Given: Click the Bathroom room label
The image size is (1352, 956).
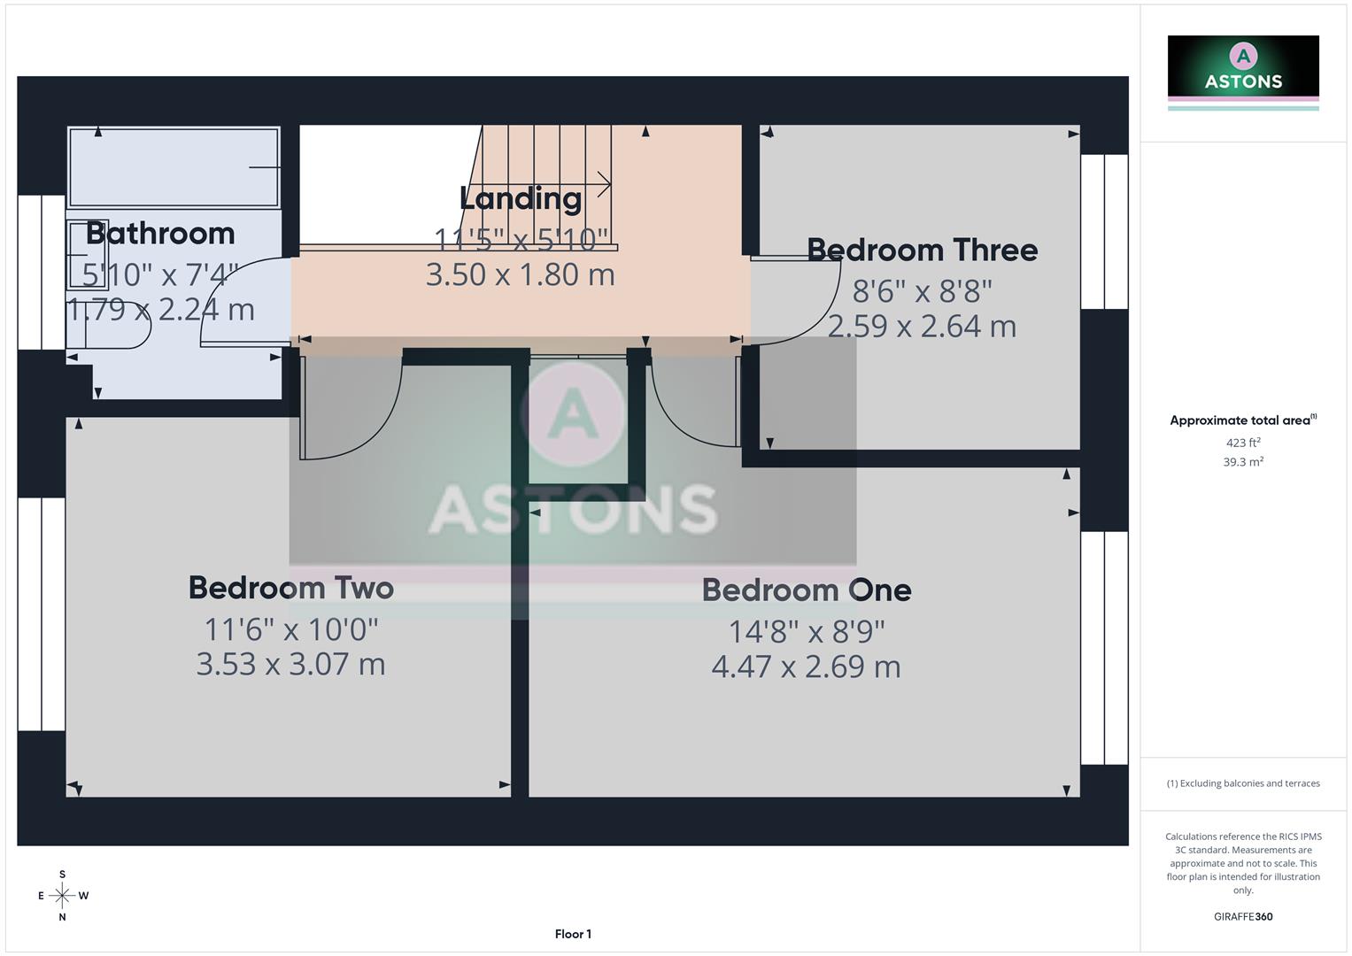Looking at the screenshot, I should (160, 234).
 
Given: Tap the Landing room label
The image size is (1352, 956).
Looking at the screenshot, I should (521, 198).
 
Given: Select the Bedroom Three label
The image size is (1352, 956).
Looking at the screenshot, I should (922, 250).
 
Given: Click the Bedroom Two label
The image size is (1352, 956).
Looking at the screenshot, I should (290, 588).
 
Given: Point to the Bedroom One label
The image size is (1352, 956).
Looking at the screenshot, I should (806, 590).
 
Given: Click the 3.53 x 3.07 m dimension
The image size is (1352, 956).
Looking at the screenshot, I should (290, 664).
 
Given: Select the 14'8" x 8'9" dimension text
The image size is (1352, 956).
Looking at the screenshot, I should (806, 631).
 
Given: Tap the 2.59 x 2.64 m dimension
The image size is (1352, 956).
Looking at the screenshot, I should (922, 326).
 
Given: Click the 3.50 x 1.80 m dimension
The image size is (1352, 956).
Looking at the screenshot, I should (521, 274).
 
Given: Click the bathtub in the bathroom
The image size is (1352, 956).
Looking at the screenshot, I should (174, 167).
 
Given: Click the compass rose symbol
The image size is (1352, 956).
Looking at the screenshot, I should (62, 896).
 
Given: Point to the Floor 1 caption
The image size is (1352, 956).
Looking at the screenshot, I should (573, 934).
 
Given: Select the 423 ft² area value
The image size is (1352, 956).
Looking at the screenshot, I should (1243, 443).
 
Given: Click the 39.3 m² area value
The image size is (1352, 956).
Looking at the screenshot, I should (1243, 462).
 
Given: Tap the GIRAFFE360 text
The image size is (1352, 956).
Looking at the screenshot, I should (1243, 917).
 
